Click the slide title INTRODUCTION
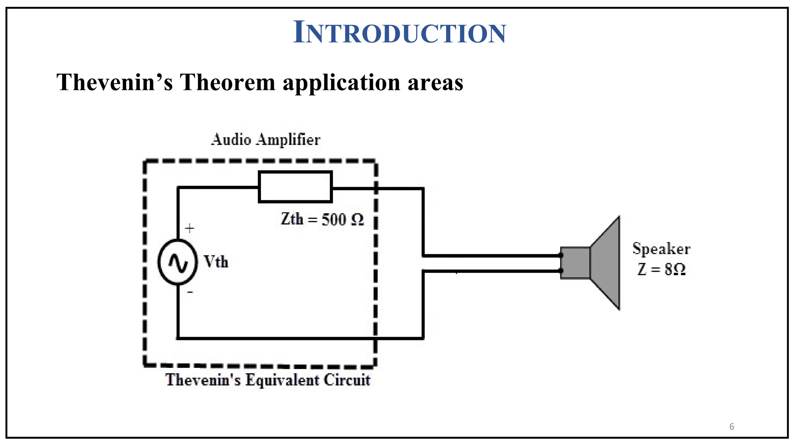399,33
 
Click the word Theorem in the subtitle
227,83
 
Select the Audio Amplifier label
266,140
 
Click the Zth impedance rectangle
295,187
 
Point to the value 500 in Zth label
333,220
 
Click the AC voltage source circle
177,262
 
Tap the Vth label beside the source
216,262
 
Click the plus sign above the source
189,228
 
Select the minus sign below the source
190,292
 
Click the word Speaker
661,249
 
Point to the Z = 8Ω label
661,269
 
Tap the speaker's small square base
575,263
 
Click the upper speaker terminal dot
561,255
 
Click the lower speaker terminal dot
561,270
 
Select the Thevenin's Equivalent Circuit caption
268,380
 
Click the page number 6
732,426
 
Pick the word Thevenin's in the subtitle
115,83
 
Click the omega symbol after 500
357,220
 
